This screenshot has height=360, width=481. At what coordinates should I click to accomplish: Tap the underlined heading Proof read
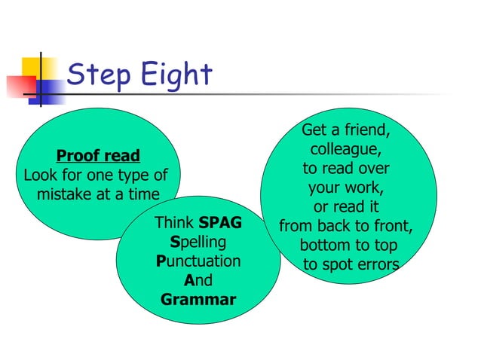tap(98, 156)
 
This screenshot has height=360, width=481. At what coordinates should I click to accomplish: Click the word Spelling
tap(199, 243)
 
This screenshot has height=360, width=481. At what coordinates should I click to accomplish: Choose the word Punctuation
tap(198, 262)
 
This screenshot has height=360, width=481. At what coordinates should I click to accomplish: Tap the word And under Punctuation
tap(198, 281)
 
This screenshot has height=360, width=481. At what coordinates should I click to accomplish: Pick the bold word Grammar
tap(198, 301)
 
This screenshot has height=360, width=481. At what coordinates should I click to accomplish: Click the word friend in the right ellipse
tap(365, 131)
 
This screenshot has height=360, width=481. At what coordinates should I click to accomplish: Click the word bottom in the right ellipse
tap(324, 246)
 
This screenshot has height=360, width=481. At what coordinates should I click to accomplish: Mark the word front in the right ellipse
tap(392, 227)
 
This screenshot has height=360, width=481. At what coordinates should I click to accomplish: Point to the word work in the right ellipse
tap(367, 188)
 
